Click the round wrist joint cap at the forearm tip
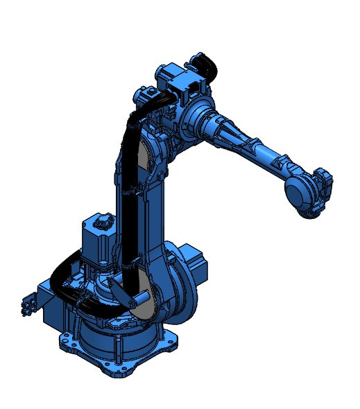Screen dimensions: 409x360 [300, 192]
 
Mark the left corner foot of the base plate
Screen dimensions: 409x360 [66, 339]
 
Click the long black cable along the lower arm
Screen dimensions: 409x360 [128, 208]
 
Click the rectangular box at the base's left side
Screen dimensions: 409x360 [52, 312]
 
